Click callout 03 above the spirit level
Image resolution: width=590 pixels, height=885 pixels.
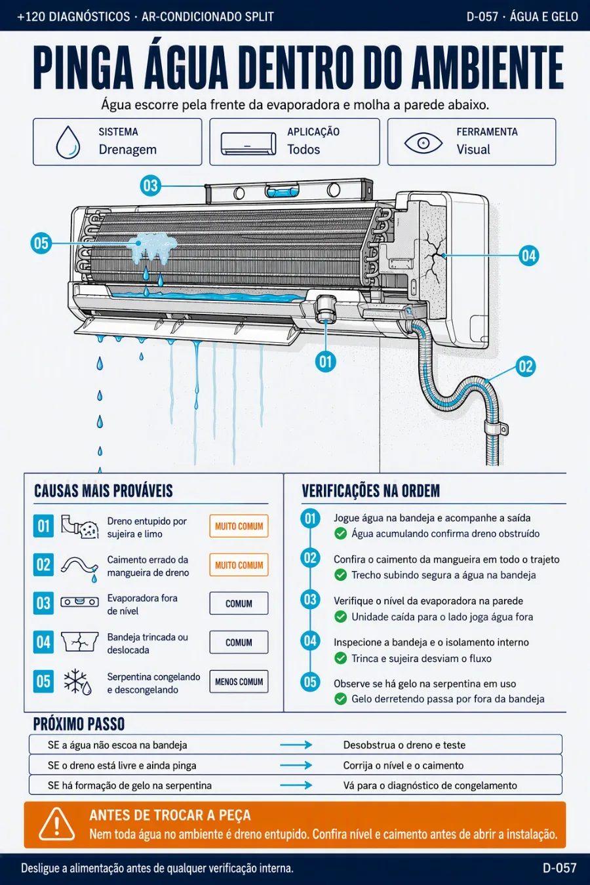[151, 186]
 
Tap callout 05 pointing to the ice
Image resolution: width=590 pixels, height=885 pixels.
[41, 243]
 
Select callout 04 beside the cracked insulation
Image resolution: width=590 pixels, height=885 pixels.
[529, 256]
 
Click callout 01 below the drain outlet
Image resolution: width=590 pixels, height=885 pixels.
[326, 361]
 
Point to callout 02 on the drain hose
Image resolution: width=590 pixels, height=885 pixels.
[526, 366]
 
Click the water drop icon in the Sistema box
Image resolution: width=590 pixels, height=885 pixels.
[68, 142]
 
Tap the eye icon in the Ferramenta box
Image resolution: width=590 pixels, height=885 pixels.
[423, 143]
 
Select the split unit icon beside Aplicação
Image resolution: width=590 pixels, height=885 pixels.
[248, 144]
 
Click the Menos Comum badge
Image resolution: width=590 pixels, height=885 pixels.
[239, 682]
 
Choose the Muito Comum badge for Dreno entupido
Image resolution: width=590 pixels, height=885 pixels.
[239, 526]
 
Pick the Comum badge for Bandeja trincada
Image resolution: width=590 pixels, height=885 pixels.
[239, 642]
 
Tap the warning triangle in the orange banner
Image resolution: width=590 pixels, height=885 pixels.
[56, 824]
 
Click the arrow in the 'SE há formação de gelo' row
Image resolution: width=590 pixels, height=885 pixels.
[296, 785]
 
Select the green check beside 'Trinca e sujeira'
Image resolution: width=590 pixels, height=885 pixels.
[340, 658]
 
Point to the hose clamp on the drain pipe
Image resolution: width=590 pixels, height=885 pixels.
[496, 429]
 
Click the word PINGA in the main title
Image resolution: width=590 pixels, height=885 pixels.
[84, 68]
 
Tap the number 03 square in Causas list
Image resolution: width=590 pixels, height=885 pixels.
[43, 603]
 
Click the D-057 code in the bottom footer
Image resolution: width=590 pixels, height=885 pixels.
[560, 868]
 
